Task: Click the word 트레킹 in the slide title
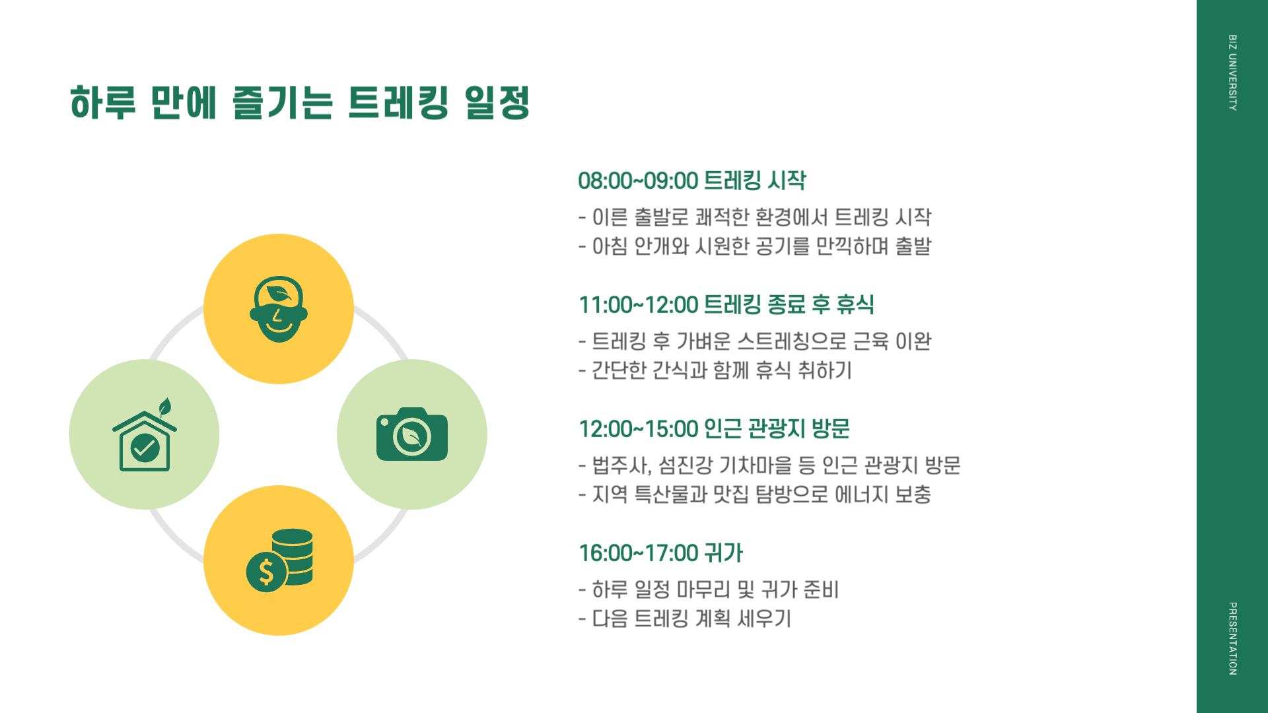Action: point(398,103)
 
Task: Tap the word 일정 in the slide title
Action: point(497,103)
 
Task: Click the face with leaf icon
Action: point(279,309)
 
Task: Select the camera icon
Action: point(411,434)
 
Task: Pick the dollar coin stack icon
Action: point(280,560)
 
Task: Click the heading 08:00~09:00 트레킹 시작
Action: point(691,180)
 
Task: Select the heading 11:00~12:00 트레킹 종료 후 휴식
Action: point(726,304)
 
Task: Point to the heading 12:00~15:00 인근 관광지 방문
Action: point(714,428)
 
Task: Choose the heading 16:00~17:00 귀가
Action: point(660,553)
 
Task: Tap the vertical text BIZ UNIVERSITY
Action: point(1232,73)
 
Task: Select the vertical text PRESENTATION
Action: point(1232,638)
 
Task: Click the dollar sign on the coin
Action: point(266,572)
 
